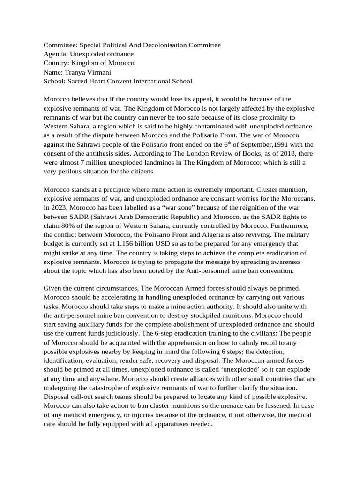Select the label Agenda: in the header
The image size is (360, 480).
(56, 54)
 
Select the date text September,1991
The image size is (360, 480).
(264, 144)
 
